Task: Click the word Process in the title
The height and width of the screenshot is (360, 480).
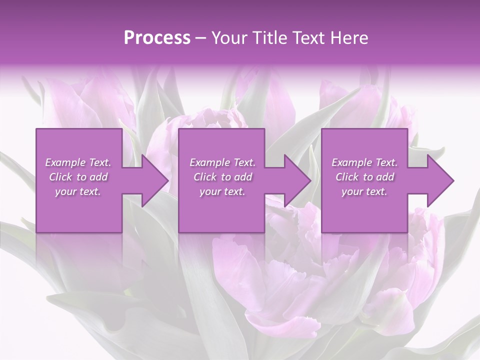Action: click(x=157, y=38)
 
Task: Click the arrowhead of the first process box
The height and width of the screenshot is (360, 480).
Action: click(x=155, y=180)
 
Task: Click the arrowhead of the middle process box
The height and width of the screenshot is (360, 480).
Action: click(x=298, y=180)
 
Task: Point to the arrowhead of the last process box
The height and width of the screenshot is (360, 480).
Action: click(x=440, y=180)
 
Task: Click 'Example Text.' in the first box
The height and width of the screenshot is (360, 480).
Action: click(x=78, y=162)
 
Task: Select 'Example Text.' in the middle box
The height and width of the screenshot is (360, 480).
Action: click(x=222, y=162)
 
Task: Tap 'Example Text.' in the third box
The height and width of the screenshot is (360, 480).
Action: click(x=364, y=162)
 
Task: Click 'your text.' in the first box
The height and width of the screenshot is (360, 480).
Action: click(x=78, y=191)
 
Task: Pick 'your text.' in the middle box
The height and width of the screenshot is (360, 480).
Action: click(x=222, y=191)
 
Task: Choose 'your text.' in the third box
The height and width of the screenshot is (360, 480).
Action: click(x=364, y=191)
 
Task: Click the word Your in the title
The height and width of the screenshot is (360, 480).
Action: click(x=225, y=38)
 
